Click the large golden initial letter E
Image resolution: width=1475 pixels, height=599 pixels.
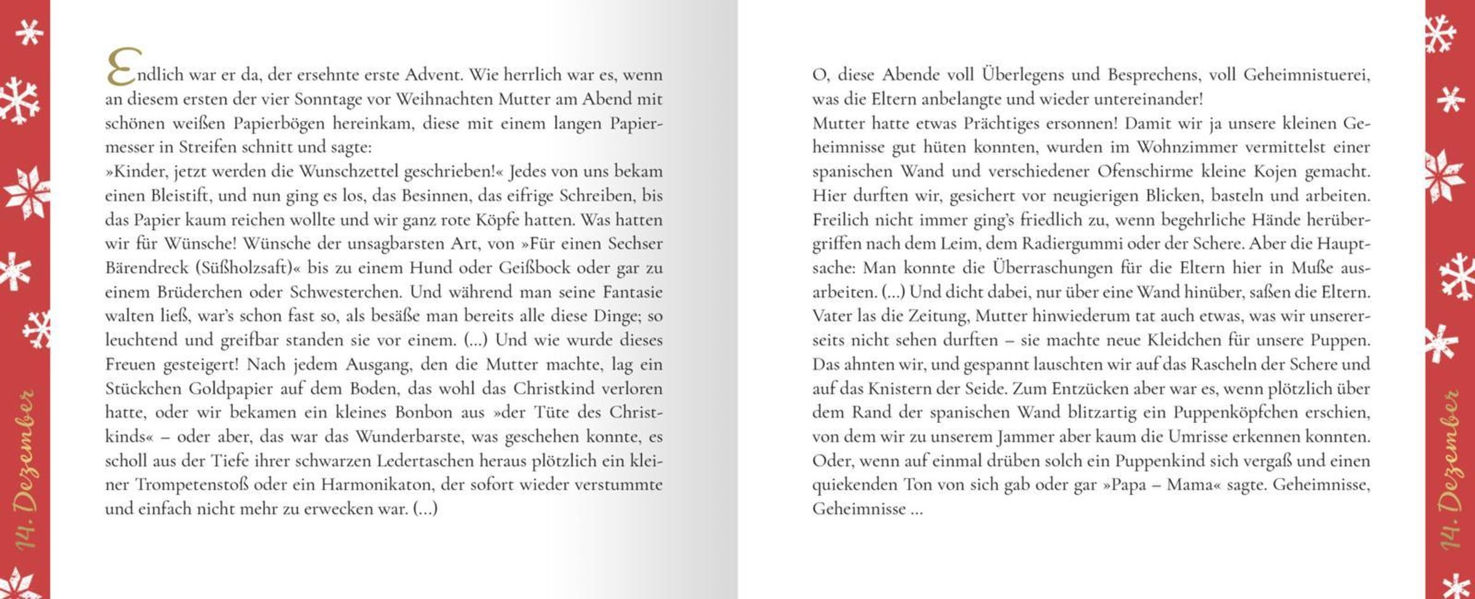coord(122,68)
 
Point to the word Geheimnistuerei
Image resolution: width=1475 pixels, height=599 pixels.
coord(1307,75)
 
